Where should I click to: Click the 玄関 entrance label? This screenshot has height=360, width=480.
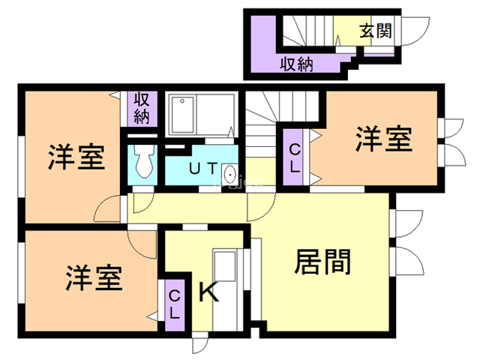pyautogui.click(x=376, y=31)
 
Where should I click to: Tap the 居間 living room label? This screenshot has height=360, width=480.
pyautogui.click(x=322, y=262)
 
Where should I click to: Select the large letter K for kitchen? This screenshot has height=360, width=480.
pyautogui.click(x=208, y=292)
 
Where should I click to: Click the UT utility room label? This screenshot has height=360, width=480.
pyautogui.click(x=203, y=168)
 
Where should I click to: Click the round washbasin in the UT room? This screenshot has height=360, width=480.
pyautogui.click(x=229, y=175)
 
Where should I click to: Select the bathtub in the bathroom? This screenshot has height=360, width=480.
pyautogui.click(x=182, y=114)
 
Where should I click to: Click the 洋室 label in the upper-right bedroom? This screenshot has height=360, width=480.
pyautogui.click(x=383, y=139)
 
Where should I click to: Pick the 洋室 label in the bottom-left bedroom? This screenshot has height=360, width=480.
pyautogui.click(x=94, y=278)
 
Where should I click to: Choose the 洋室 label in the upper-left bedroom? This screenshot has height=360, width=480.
pyautogui.click(x=76, y=157)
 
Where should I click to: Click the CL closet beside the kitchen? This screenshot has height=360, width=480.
pyautogui.click(x=175, y=305)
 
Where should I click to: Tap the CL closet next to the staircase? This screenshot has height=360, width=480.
pyautogui.click(x=294, y=157)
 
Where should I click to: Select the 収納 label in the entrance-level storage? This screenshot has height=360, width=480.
pyautogui.click(x=297, y=64)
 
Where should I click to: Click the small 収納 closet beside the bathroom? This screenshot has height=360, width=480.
pyautogui.click(x=142, y=108)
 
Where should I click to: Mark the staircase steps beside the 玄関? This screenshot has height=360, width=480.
pyautogui.click(x=307, y=31)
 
